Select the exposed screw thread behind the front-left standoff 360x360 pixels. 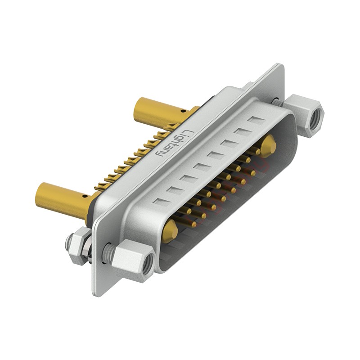[x=108, y=248]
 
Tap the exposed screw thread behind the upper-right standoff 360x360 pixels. [x=279, y=103]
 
